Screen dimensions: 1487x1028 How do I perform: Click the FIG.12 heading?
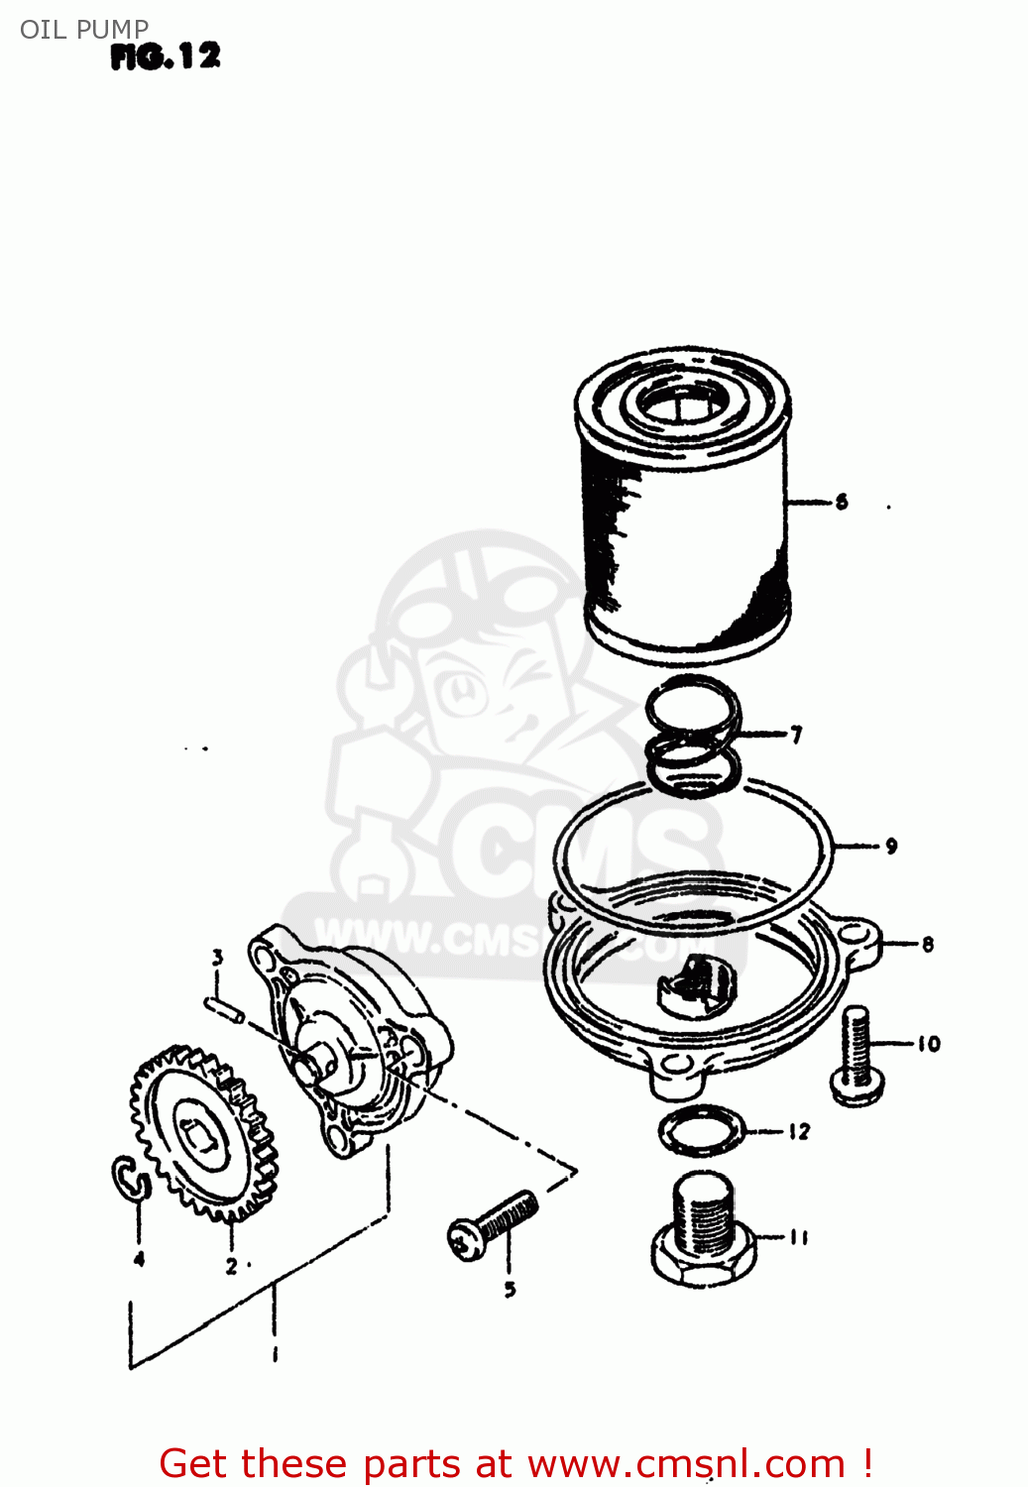coord(165,57)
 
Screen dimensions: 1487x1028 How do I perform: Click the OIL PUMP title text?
coord(84,29)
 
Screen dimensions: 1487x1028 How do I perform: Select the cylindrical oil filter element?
coord(684,506)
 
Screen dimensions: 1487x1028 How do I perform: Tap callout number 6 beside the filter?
coord(842,502)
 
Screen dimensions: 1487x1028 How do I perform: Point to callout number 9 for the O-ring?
coord(891,846)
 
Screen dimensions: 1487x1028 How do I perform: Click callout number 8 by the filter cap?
coord(927,944)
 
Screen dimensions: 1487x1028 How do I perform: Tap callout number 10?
coord(928,1043)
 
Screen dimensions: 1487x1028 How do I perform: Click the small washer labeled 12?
coord(701,1131)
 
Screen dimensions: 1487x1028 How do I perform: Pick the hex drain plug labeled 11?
coord(704,1234)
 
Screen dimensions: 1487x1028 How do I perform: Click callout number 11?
coord(799,1236)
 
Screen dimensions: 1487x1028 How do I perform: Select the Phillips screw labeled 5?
coord(493,1225)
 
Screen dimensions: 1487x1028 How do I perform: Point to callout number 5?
coord(510,1289)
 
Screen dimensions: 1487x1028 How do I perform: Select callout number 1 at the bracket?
coord(275,1353)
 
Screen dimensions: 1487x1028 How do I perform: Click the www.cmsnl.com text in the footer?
coord(686,1463)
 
